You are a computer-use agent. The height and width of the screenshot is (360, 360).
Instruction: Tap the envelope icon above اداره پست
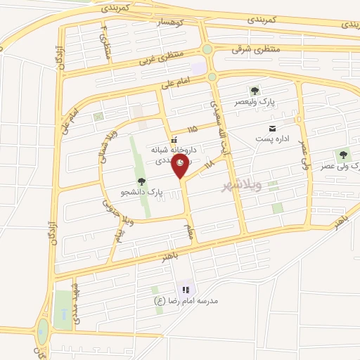(271, 128)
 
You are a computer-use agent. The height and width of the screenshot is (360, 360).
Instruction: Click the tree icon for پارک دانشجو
(141, 182)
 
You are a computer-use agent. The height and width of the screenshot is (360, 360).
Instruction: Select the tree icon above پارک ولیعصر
(254, 91)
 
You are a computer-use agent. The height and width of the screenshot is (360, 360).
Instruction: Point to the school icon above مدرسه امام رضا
(186, 290)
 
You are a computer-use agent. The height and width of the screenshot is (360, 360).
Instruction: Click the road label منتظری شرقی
(256, 49)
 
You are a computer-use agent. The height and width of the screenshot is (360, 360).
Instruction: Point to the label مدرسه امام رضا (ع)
(187, 300)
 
